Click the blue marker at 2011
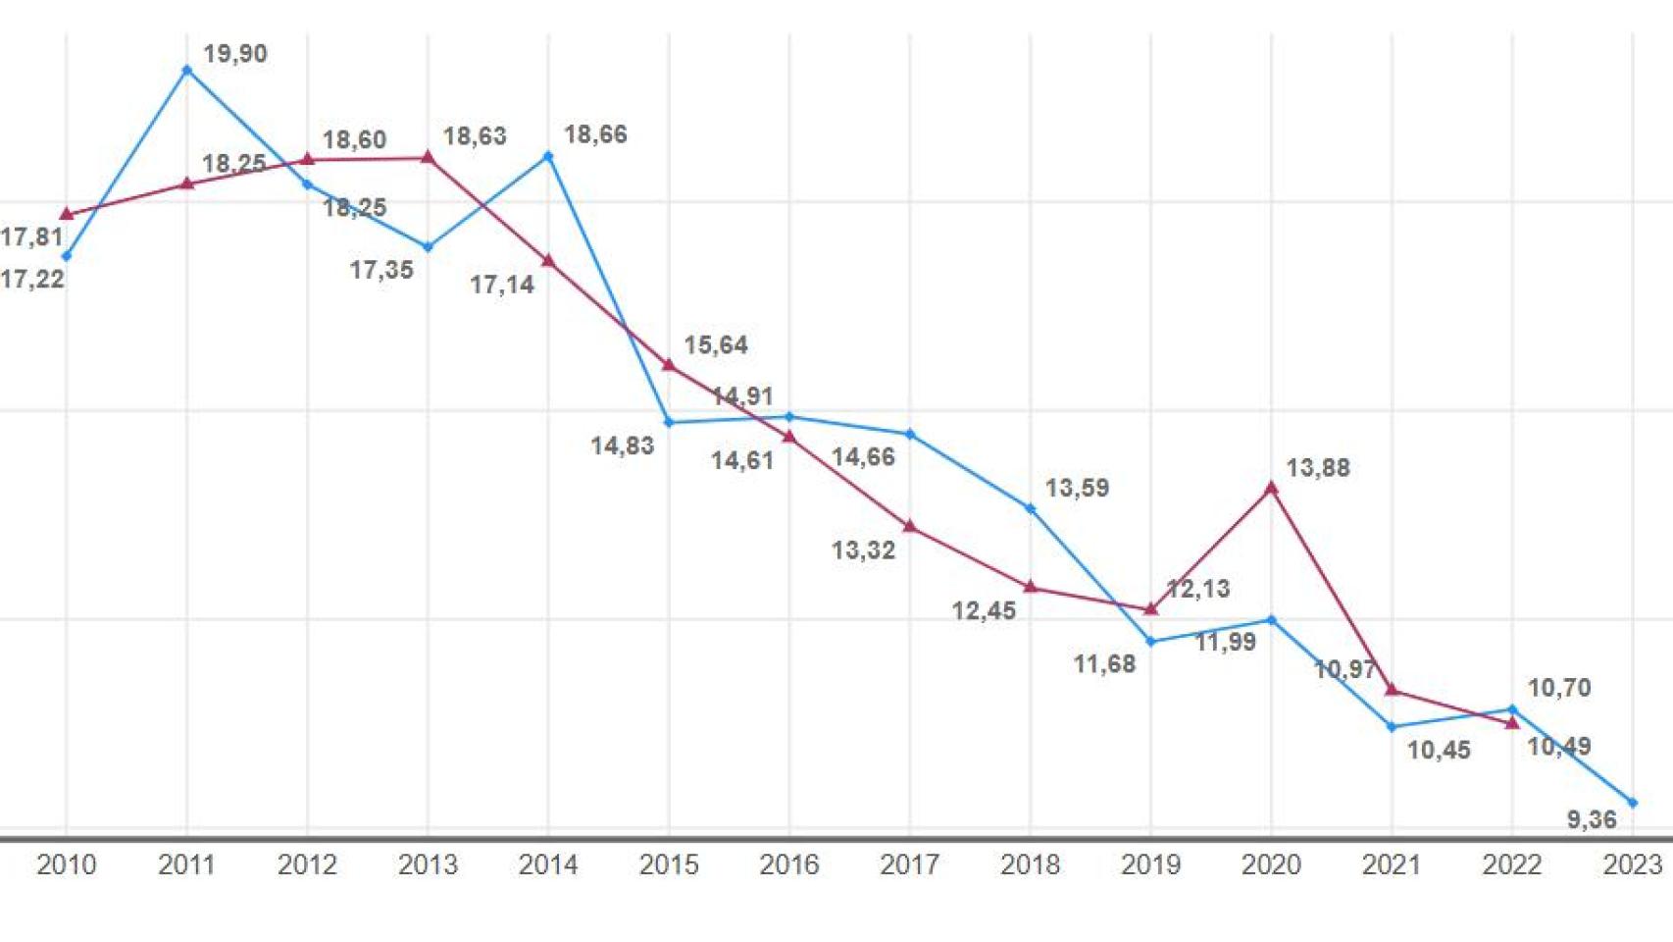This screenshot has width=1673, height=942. coord(187,71)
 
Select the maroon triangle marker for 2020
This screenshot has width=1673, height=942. coord(1272,488)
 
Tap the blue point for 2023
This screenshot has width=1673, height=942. coord(1633,803)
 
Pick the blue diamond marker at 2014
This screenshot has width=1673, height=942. coord(548,156)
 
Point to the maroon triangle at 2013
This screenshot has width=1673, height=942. coord(428,157)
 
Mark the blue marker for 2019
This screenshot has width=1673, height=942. coord(1151,642)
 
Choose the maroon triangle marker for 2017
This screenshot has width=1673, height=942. coord(910,527)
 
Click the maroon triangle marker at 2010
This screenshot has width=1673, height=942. coord(67,214)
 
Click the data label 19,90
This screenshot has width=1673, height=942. coord(235,54)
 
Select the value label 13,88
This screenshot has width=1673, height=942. coord(1318,468)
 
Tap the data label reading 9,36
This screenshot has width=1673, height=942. coord(1592,819)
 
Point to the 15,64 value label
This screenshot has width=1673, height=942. coord(716,345)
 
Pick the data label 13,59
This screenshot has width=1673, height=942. coord(1077,488)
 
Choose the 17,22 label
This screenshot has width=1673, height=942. coord(32,280)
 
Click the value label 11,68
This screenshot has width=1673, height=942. coord(1104,664)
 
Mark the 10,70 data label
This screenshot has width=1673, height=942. coord(1559,688)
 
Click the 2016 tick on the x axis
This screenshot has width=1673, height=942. coord(789,864)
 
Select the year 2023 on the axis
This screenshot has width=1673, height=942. coord(1633,864)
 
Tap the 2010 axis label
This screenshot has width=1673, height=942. coord(67,864)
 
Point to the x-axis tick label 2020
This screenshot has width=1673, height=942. coord(1271,864)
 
